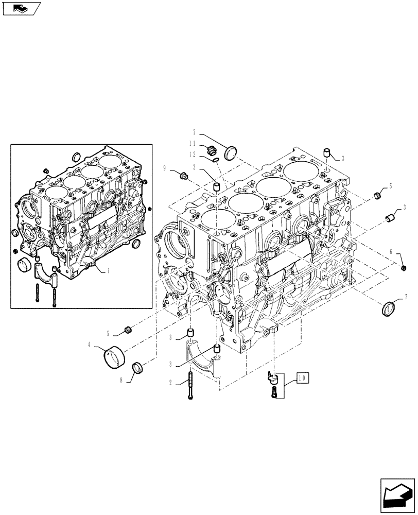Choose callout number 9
165,168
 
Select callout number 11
191,144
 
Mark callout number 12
191,154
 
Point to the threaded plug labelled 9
184,177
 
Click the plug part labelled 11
210,150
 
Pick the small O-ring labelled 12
216,159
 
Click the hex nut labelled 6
404,267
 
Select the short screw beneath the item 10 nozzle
273,392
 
